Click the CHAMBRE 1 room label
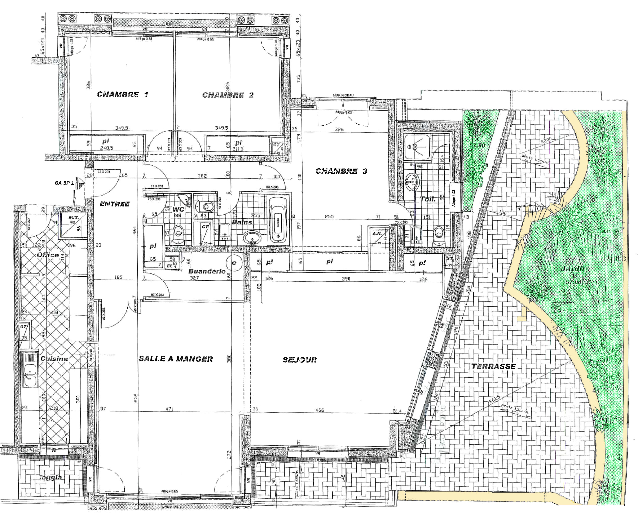tap(122, 94)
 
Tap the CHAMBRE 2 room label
tap(228, 95)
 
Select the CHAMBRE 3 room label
tap(341, 171)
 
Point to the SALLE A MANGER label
tap(176, 359)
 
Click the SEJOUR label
tap(300, 360)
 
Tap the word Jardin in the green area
tap(573, 269)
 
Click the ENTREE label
tap(115, 204)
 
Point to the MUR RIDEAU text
tap(343, 95)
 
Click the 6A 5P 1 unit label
tap(64, 183)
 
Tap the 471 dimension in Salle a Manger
tap(169, 409)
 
